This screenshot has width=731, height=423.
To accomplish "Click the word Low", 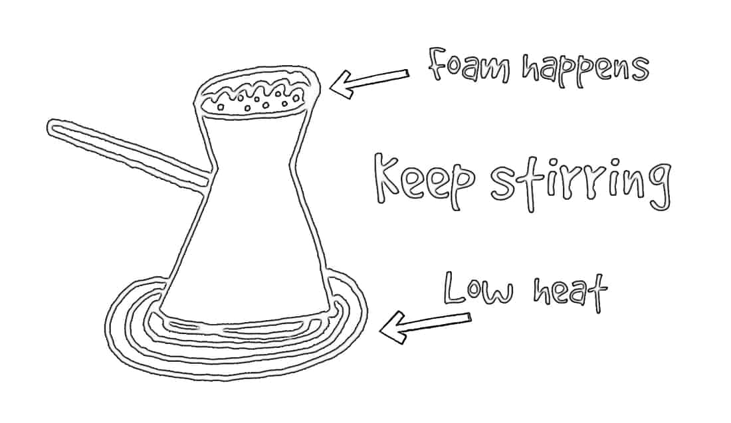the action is [x=478, y=289].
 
